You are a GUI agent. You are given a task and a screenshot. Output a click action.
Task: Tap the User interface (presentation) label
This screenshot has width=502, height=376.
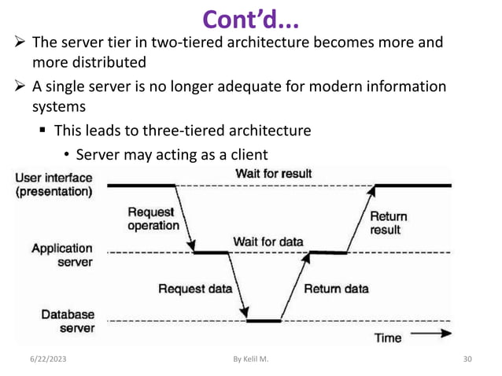pos(54,185)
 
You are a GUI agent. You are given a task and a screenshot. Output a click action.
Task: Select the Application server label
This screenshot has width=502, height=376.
pos(61,255)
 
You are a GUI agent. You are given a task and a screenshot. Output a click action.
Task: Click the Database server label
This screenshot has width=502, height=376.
pos(67,321)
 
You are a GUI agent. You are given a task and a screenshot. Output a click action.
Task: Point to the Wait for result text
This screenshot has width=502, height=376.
pos(273,173)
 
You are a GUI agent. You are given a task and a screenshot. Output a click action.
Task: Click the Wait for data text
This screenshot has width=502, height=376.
pos(268,241)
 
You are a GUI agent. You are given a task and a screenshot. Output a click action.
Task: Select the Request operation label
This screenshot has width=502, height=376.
pos(153,218)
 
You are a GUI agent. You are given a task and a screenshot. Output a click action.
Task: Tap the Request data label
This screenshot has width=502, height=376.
pos(195,288)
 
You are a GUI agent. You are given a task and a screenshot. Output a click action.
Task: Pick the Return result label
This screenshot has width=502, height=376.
pos(389,223)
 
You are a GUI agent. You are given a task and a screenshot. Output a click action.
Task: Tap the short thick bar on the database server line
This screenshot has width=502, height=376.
pos(263,321)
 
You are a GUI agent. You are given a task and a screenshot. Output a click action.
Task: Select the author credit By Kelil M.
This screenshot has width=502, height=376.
pos(251,359)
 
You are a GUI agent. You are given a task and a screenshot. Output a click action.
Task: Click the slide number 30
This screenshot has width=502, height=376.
pos(470,359)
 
